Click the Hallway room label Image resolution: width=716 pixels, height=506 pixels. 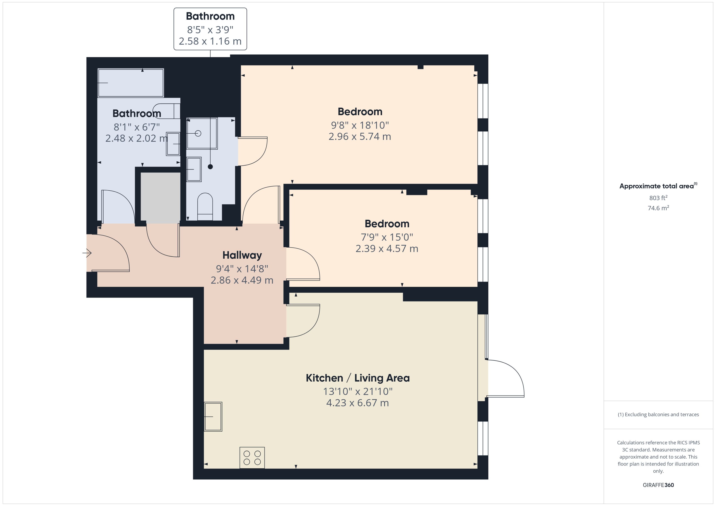[242, 255]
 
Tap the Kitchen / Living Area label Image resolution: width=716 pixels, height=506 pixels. [358, 378]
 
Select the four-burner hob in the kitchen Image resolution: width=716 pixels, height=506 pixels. [252, 458]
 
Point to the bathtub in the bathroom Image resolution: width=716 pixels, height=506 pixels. [131, 83]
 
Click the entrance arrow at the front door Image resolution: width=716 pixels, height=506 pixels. [87, 253]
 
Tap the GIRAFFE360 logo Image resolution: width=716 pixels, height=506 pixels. [658, 485]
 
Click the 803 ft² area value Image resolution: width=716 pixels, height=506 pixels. [658, 198]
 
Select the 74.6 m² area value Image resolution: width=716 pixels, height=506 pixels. [658, 208]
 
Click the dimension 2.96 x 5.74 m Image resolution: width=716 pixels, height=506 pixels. [360, 136]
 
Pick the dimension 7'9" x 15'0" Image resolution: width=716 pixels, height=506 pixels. [387, 237]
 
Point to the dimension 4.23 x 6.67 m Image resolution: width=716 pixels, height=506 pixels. [358, 403]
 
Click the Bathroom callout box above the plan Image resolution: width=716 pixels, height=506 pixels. [210, 29]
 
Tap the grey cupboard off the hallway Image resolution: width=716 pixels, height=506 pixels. [160, 198]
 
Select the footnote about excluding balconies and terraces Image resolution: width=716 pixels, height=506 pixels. [658, 414]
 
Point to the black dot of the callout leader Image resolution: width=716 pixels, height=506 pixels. [210, 167]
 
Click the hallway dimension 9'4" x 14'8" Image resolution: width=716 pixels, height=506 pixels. [242, 269]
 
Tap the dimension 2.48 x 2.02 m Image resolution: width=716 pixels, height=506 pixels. [137, 138]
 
